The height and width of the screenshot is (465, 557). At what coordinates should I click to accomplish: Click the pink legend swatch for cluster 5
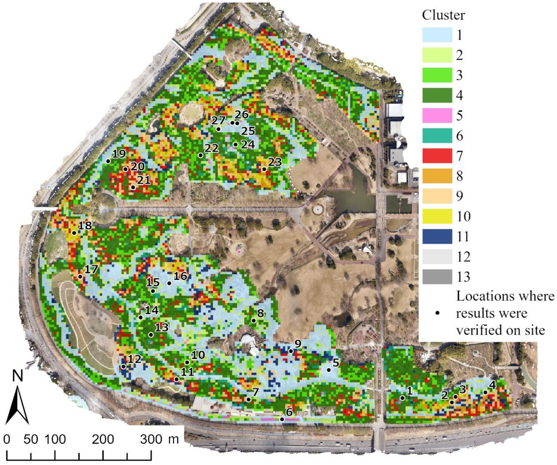pos(437,115)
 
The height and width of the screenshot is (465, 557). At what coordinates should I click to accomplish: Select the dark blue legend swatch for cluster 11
pos(437,236)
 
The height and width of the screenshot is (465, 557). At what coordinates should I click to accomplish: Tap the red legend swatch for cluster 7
pos(437,156)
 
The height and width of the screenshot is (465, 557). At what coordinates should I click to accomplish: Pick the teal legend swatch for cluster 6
pos(437,136)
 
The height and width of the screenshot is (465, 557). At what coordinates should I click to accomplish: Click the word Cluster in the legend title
pos(443,15)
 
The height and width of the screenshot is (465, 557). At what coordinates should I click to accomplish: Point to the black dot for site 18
pos(74,233)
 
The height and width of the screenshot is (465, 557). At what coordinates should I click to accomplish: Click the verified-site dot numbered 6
pos(282,420)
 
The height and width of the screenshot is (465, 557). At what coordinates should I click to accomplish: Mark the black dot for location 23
pos(264,169)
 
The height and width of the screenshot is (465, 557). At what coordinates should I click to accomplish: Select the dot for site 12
pos(123,367)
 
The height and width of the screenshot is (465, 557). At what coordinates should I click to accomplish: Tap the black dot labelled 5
pos(329,370)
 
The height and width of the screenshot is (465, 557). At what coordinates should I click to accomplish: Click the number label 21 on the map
pos(144,180)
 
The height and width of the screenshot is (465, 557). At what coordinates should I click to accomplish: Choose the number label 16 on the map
pos(180,276)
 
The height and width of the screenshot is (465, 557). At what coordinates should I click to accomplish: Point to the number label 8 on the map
pos(260,313)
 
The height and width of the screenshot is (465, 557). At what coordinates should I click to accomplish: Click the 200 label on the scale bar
pos(103,440)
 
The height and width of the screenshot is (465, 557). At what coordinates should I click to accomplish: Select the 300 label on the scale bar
pos(151,440)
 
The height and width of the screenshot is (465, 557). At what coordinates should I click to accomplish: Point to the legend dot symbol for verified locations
pos(438,313)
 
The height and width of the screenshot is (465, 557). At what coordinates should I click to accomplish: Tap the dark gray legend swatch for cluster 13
pos(437,277)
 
